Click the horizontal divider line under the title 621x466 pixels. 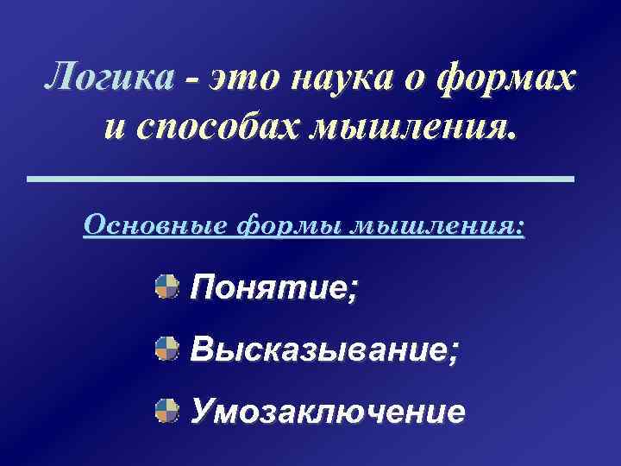tap(300, 179)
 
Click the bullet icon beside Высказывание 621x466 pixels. tap(167, 349)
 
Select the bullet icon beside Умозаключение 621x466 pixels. tap(167, 411)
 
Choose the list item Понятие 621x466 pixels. tap(274, 287)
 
